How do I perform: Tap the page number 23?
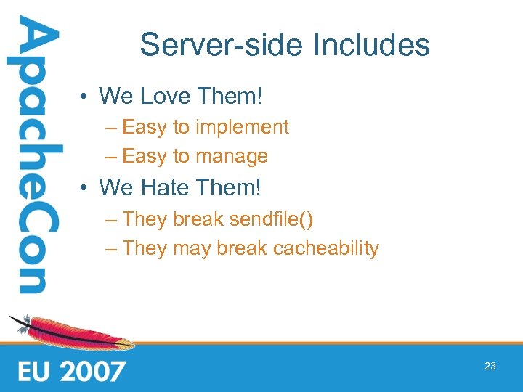click(490, 367)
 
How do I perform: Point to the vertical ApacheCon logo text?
click(33, 156)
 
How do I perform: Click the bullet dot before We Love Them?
click(85, 96)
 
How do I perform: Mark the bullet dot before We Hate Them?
click(85, 188)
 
